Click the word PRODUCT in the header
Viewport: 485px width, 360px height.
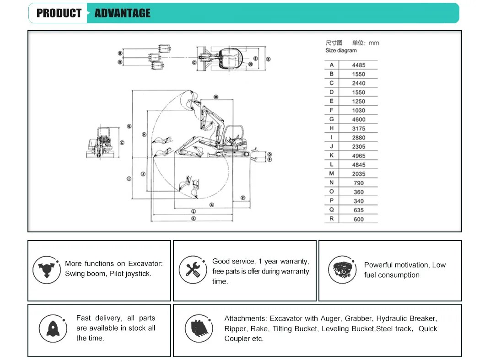coord(59,13)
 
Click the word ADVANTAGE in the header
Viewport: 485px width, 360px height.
coord(122,13)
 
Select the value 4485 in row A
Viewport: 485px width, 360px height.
coord(358,65)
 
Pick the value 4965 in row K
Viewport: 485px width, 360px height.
coord(358,156)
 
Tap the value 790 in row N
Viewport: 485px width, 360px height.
coord(359,183)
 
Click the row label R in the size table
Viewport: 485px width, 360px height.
coord(332,219)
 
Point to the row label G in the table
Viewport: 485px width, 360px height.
coord(332,119)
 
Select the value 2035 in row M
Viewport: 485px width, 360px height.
coord(358,174)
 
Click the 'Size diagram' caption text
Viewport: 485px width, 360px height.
coord(341,50)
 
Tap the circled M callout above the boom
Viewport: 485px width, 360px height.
coord(216,97)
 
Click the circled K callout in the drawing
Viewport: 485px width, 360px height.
coord(194,219)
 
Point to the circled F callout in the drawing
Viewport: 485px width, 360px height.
coord(242,198)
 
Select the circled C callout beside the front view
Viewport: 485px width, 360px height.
coord(122,143)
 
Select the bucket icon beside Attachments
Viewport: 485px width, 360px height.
coord(199,328)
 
